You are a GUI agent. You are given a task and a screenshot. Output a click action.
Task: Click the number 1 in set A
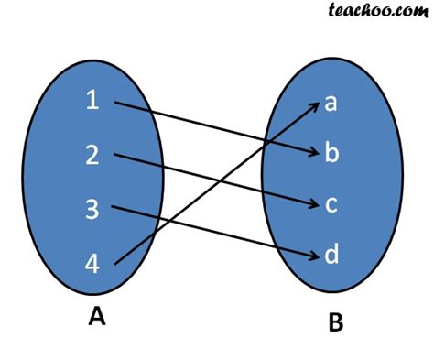[92, 102]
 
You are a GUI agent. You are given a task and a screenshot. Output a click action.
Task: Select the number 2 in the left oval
[92, 156]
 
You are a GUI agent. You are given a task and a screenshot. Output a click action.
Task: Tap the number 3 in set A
[92, 210]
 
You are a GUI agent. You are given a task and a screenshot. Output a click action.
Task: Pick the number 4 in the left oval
[92, 264]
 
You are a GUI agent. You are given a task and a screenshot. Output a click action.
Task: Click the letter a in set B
[331, 103]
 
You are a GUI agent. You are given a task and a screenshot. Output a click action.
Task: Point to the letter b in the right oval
[331, 152]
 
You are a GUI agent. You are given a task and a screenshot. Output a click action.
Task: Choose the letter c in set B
[331, 203]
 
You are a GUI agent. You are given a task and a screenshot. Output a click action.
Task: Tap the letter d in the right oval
[331, 254]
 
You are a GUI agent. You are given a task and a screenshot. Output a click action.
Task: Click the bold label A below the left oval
[96, 317]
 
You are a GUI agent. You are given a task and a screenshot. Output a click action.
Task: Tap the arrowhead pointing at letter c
[313, 202]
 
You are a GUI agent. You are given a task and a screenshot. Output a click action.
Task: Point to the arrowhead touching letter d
[313, 252]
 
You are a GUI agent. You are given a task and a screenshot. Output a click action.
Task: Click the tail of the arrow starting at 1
[114, 103]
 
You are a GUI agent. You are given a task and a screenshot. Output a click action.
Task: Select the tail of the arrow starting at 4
[114, 266]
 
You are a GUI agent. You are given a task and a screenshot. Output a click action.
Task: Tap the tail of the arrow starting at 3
[112, 207]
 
